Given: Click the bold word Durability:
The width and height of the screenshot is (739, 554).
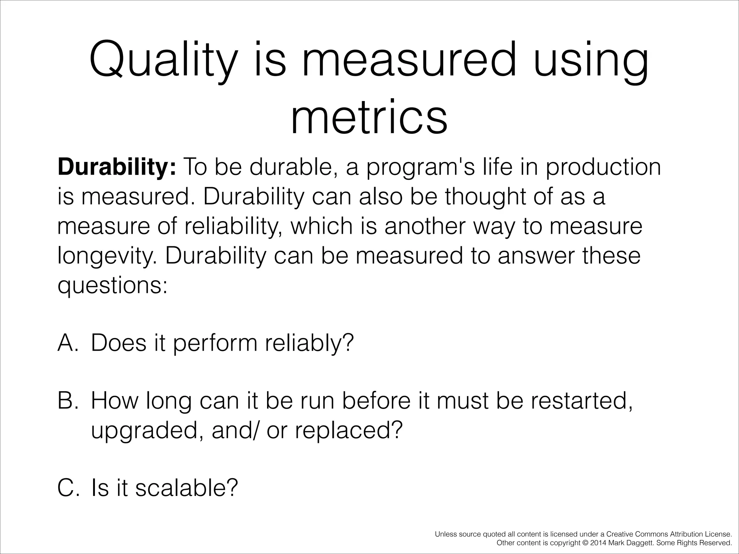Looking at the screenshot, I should [117, 168].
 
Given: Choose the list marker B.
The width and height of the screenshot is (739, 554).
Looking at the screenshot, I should [68, 401].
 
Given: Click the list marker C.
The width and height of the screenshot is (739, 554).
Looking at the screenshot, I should [68, 488].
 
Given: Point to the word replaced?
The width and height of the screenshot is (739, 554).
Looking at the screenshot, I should [349, 430].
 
